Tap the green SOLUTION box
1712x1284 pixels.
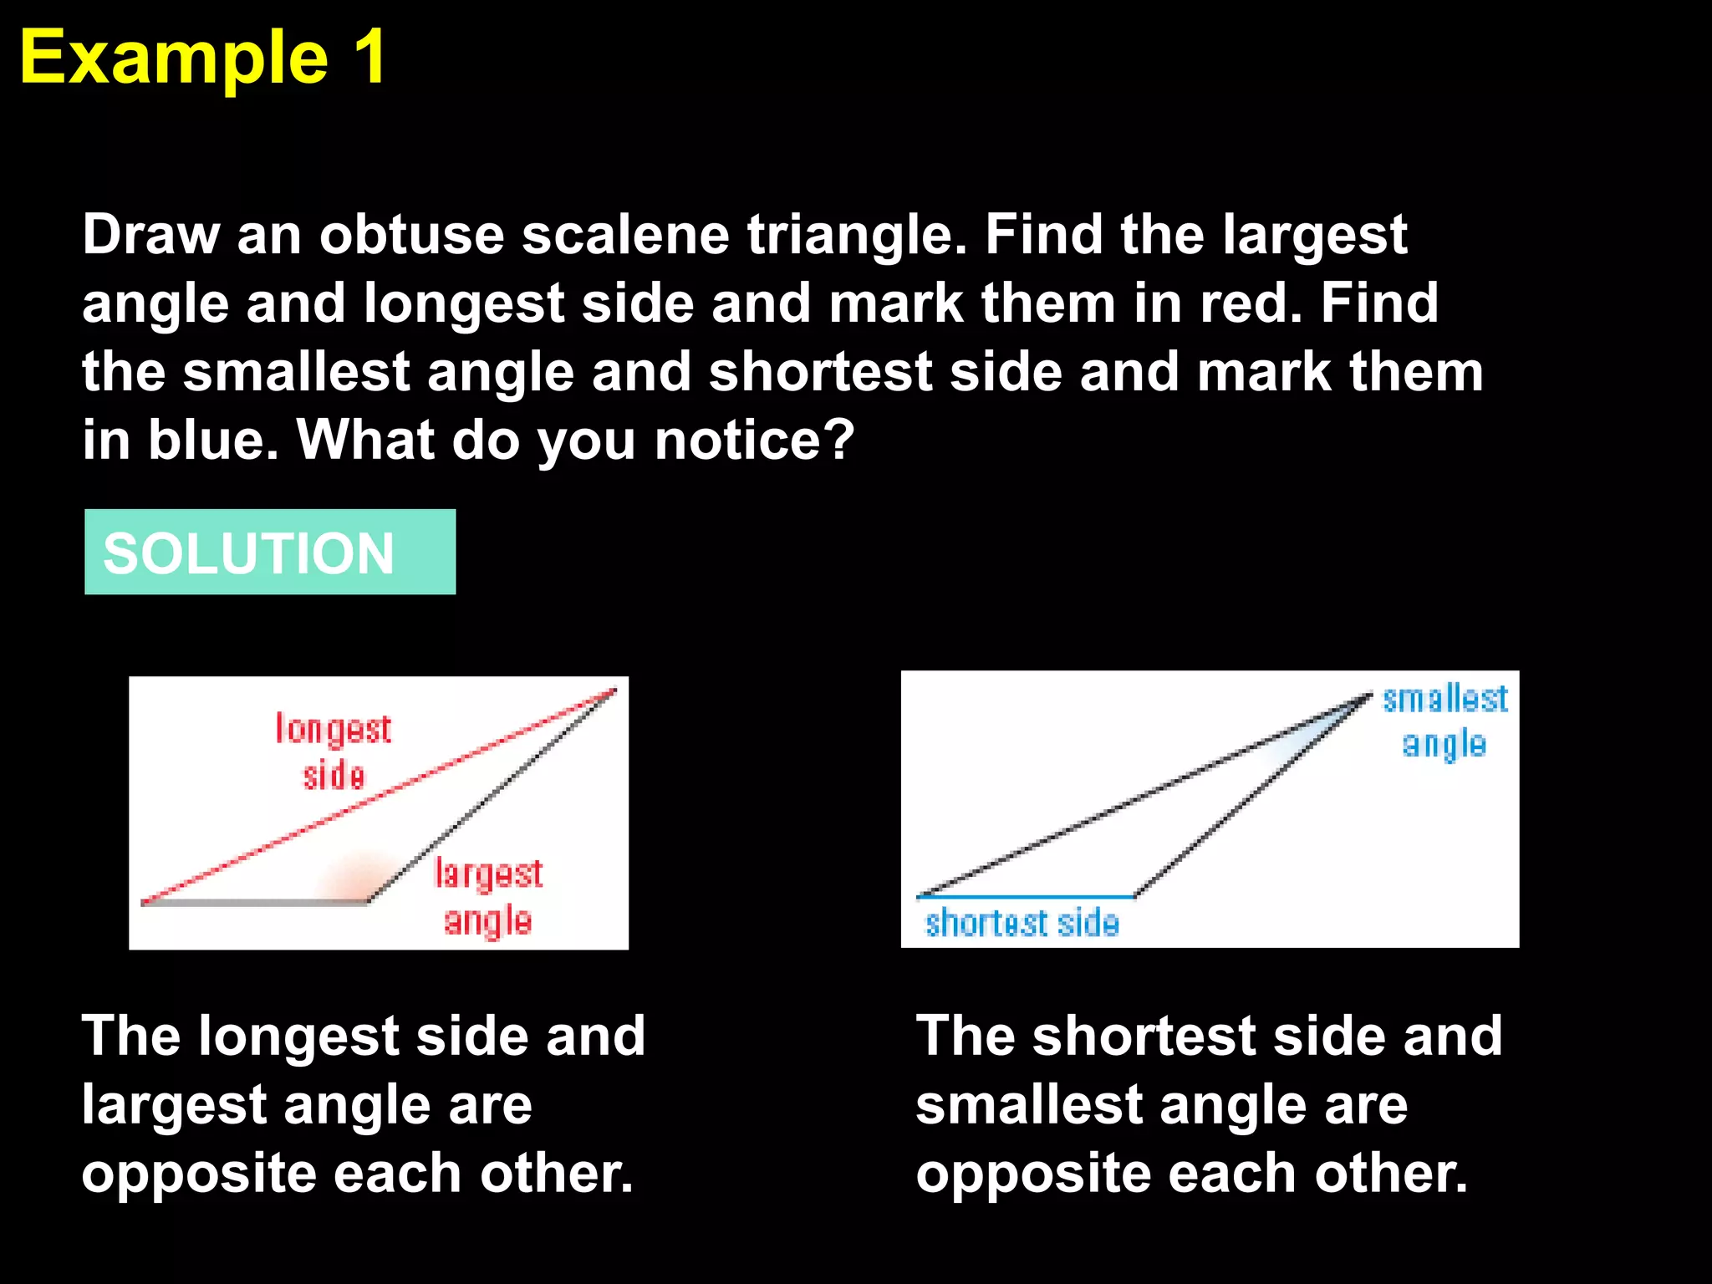(269, 552)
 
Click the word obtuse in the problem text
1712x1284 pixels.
(411, 235)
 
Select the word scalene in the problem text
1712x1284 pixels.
(625, 235)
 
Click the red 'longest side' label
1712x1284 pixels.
(334, 752)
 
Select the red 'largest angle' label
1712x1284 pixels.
(488, 897)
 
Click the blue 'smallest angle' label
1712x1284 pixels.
(1444, 721)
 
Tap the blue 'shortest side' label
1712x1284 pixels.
(1022, 924)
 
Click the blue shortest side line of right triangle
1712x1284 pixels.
(1025, 897)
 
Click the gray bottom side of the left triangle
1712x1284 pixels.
(255, 903)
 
